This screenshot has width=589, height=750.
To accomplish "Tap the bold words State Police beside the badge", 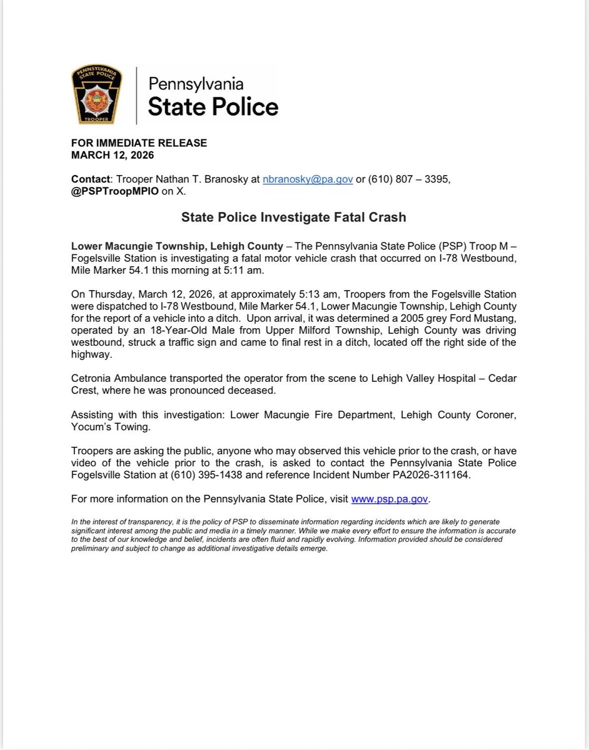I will click(x=213, y=106).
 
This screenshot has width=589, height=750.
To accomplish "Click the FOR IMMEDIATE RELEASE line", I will click(x=138, y=143).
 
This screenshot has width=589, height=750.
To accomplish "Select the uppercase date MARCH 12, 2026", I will click(x=112, y=154).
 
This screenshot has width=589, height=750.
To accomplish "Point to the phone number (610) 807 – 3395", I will click(x=410, y=179).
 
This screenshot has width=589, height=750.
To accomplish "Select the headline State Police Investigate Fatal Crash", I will click(x=294, y=217).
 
